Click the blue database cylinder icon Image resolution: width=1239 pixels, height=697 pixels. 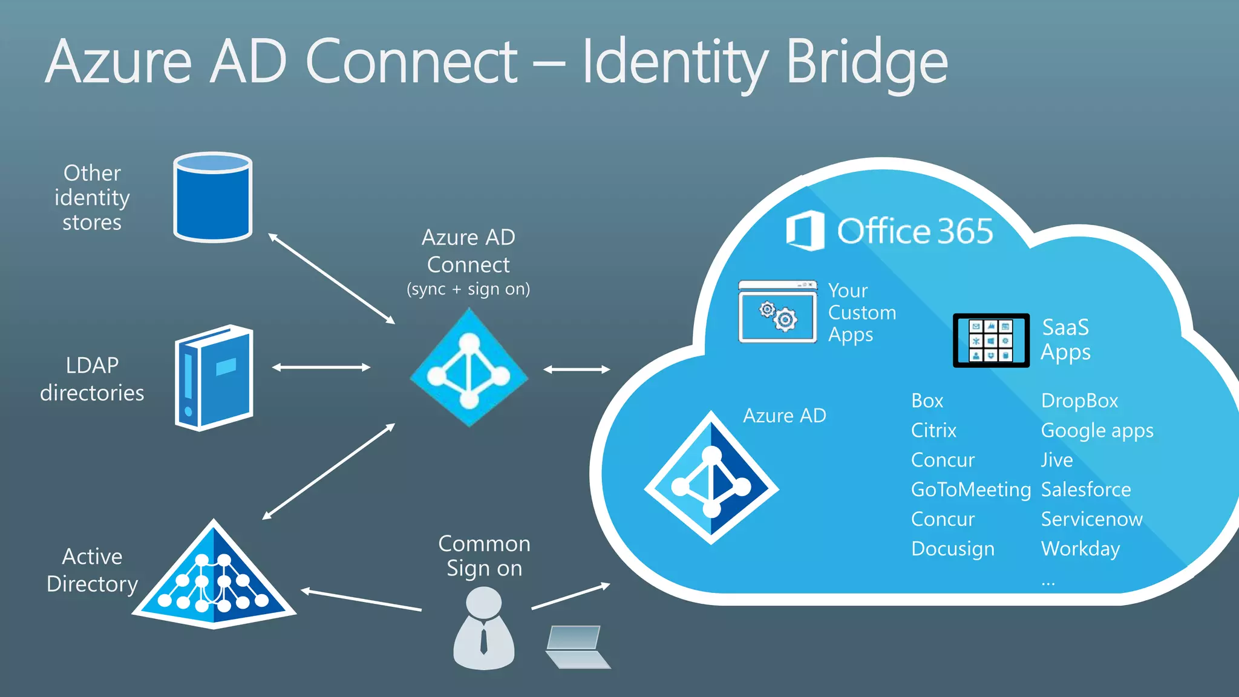(x=212, y=197)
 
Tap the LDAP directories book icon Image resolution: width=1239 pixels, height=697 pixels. (x=214, y=378)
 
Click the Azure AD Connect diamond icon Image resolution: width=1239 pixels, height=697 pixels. (x=469, y=368)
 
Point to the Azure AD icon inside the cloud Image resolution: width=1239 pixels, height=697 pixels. (x=711, y=478)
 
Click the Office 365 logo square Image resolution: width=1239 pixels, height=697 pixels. (x=805, y=231)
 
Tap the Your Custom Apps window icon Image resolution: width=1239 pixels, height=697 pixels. (x=777, y=312)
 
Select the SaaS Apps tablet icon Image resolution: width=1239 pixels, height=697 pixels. (x=991, y=340)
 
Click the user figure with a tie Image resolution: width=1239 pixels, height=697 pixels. (x=483, y=629)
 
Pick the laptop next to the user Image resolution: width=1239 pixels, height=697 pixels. (x=576, y=647)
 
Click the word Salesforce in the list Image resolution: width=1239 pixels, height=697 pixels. (x=1085, y=489)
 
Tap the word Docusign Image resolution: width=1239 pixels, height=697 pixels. (x=952, y=549)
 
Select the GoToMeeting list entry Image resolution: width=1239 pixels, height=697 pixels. (x=970, y=489)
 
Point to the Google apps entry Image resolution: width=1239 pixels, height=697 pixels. (x=1096, y=431)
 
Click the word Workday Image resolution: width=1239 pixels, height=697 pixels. (x=1080, y=549)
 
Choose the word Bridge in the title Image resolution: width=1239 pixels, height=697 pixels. (x=866, y=63)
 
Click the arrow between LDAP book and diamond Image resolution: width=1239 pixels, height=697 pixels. (x=321, y=367)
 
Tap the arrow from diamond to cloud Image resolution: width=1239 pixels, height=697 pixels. (x=577, y=369)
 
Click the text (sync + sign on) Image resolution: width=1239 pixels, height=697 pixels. (x=468, y=289)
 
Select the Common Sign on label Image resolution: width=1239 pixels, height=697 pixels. (x=484, y=556)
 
